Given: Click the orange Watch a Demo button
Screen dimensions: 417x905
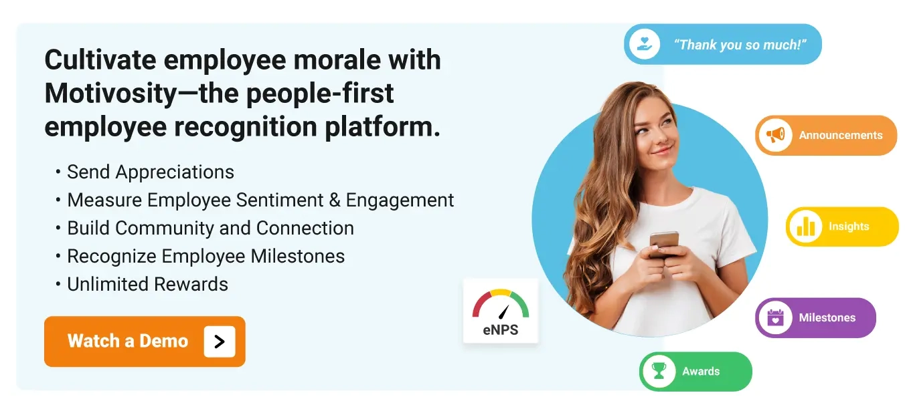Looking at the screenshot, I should [145, 341].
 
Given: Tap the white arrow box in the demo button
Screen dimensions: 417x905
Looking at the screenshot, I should [220, 341].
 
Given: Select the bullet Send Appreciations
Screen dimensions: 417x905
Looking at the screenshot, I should [151, 172].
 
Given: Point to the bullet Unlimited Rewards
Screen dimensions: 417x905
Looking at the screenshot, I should [147, 284].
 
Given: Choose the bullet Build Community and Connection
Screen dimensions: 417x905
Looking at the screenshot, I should [210, 228].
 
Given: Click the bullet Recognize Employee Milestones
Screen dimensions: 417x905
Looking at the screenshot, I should [205, 256].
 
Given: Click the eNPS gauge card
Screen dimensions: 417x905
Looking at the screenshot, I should [501, 311].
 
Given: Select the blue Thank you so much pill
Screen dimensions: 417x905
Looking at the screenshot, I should [723, 45].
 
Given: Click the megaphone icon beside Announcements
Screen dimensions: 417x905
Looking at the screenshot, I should [775, 136].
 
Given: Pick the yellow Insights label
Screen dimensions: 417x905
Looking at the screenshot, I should [848, 227].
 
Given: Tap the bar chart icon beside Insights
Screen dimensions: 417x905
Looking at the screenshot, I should [805, 227].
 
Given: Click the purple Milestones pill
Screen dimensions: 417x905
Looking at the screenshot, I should [815, 317].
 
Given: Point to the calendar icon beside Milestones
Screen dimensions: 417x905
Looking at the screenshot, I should [775, 317].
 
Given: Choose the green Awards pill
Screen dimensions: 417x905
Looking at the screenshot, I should [695, 372].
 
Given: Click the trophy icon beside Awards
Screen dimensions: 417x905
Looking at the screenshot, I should [659, 372].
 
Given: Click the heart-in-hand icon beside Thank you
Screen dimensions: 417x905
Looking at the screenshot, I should [645, 45].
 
